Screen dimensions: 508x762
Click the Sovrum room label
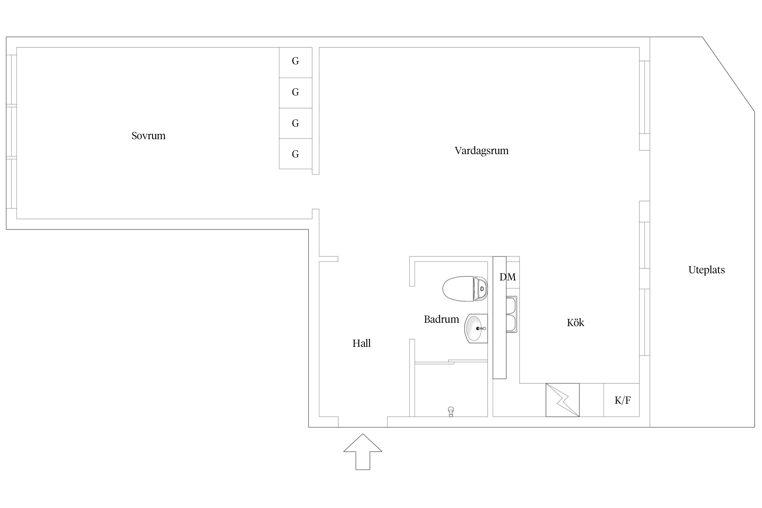(148, 136)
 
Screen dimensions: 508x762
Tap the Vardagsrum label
(481, 151)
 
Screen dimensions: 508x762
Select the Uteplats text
(706, 270)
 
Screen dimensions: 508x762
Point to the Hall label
(361, 343)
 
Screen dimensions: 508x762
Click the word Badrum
(441, 319)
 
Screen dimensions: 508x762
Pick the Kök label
(575, 323)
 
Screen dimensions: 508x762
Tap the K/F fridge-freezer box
(622, 400)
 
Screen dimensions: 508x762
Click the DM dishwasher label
(508, 277)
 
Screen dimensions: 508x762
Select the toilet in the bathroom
(464, 289)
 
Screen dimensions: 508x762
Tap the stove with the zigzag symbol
(563, 400)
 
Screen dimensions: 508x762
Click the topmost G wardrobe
(295, 61)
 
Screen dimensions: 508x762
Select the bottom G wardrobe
(295, 154)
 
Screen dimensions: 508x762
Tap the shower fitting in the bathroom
(451, 411)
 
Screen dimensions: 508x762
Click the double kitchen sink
(511, 315)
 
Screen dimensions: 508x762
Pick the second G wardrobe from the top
(295, 92)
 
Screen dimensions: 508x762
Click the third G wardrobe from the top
(295, 123)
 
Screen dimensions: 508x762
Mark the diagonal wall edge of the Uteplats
(728, 75)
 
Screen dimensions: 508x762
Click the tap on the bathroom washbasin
(481, 329)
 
